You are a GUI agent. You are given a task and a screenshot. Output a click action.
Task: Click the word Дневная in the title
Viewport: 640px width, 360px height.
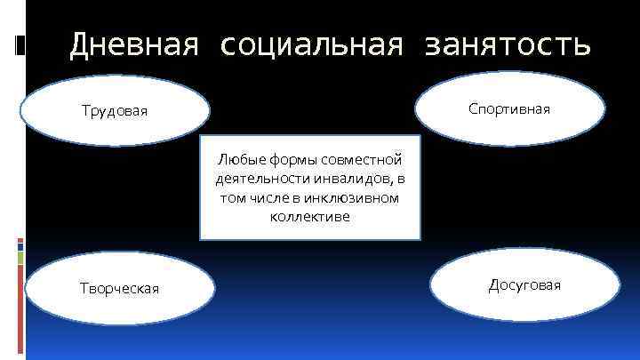[132, 44]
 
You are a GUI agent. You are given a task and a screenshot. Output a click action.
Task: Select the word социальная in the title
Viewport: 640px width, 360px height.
[306, 44]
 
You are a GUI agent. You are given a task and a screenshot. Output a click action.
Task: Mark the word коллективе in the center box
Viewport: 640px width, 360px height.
[309, 216]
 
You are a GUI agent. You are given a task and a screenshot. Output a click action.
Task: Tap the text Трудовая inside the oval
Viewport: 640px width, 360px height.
[114, 111]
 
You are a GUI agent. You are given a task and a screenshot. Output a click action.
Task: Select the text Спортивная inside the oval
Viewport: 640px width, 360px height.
[509, 108]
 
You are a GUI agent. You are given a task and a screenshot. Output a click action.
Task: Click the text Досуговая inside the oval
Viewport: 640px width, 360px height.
[524, 285]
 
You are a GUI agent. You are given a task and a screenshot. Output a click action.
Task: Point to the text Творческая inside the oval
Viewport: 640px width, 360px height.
[119, 288]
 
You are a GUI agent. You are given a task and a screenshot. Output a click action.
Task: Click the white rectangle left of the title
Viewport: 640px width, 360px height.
[20, 44]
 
